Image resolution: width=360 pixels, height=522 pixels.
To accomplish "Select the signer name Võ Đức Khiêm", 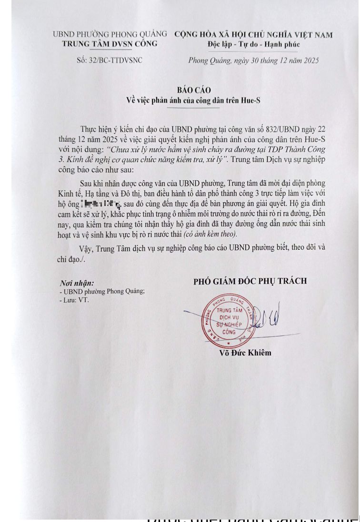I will click(245, 353).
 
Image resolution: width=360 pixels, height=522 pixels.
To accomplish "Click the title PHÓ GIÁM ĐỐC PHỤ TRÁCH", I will click(250, 281).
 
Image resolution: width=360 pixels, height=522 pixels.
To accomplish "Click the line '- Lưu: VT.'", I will click(74, 300).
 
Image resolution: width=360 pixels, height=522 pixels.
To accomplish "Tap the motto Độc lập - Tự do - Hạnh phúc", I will click(254, 44).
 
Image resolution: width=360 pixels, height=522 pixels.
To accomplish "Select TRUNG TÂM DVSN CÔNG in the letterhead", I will click(110, 44).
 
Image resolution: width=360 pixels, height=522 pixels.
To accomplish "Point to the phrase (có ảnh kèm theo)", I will click(210, 234).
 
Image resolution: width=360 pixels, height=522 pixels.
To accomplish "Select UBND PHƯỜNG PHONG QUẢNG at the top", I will click(110, 34).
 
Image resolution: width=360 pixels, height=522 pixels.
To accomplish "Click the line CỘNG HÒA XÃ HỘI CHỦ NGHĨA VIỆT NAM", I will click(253, 35).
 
